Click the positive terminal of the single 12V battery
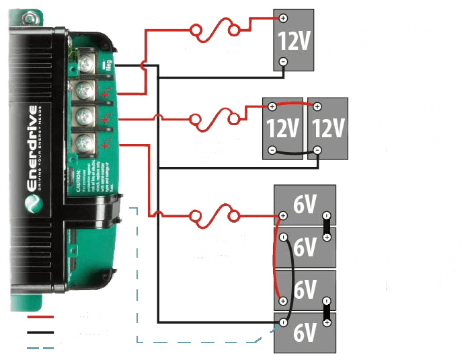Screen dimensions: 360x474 283,19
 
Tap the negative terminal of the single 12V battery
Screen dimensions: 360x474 283,61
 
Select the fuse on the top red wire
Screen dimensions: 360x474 214,30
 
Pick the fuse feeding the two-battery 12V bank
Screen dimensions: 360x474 214,120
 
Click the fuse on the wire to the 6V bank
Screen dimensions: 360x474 214,216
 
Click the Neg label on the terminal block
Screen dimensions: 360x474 108,65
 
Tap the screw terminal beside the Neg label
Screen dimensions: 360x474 86,64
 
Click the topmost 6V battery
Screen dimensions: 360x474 305,205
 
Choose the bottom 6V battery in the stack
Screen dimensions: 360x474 305,332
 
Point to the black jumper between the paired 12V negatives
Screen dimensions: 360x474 294,153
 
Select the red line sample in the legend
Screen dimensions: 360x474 40,316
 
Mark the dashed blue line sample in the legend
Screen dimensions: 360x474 40,348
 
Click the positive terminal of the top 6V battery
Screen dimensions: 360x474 283,216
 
